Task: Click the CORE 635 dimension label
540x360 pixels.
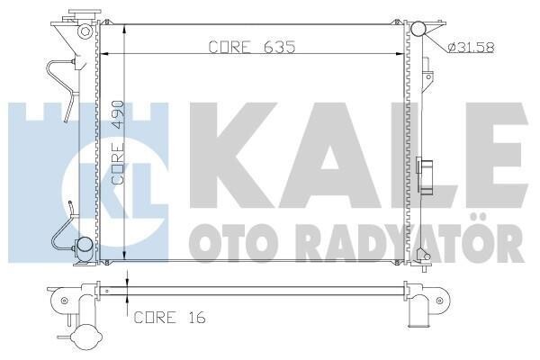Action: (x=252, y=47)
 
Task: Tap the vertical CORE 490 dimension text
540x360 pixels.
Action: (x=119, y=142)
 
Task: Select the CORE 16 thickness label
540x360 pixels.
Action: (x=170, y=318)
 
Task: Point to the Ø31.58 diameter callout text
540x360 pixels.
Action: (x=472, y=47)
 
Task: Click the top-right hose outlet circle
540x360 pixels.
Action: (x=418, y=29)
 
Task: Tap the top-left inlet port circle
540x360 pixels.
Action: (x=85, y=31)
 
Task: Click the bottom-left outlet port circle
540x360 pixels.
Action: (x=84, y=245)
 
